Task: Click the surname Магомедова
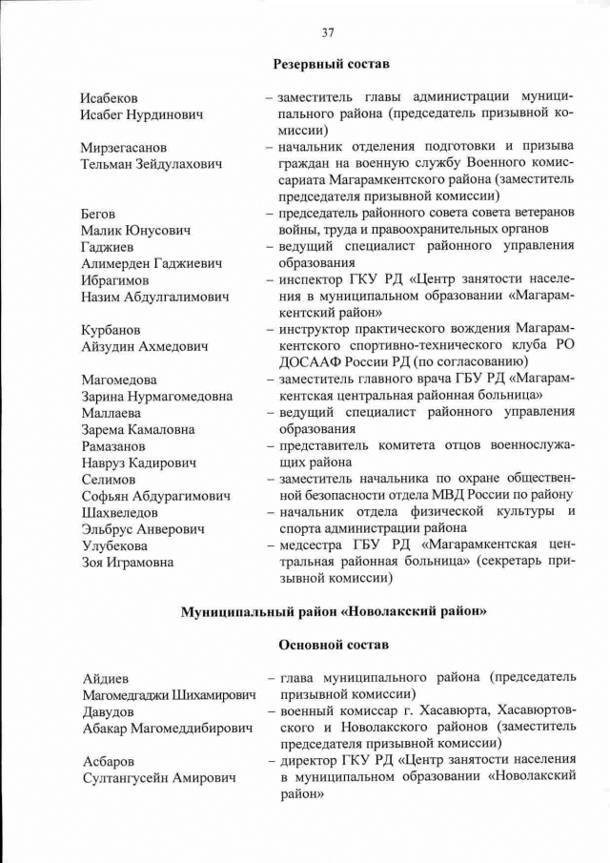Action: [118, 380]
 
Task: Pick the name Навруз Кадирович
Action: [138, 462]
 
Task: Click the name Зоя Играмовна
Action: [127, 562]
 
